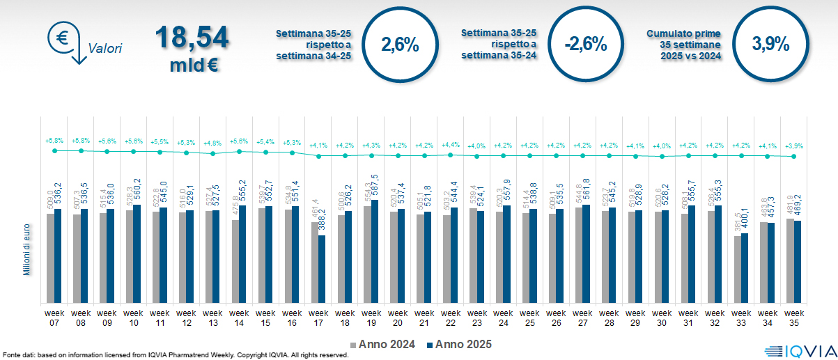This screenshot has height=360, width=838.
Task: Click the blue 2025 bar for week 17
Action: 323,269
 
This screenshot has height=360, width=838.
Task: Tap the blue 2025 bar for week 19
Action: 375,251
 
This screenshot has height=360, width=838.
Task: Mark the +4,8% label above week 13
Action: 213,143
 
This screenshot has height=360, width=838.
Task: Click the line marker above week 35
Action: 794,157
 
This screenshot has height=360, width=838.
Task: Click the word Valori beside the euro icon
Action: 105,49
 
